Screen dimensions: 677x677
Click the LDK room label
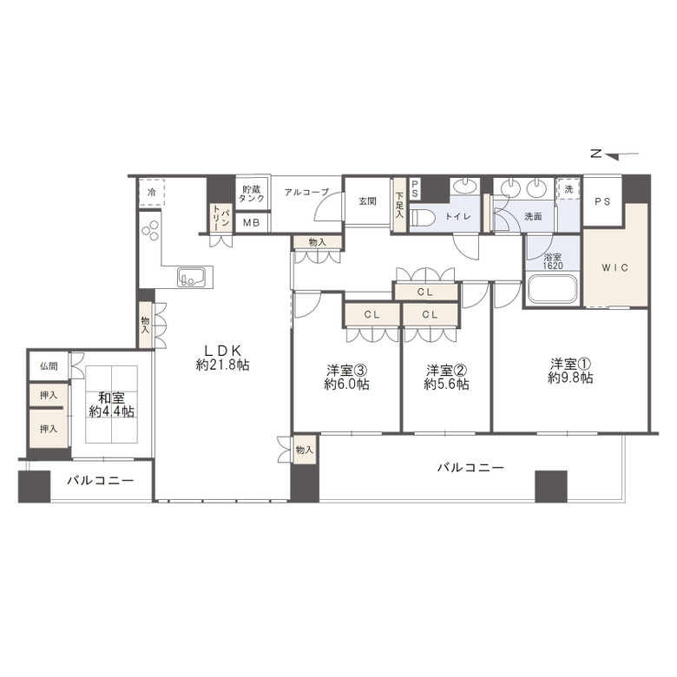[x=222, y=358]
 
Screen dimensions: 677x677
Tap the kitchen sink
[x=192, y=276]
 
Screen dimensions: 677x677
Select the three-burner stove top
[x=150, y=230]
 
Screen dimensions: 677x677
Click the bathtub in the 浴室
[x=553, y=288]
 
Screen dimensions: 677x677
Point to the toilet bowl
[x=419, y=218]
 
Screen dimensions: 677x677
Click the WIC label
[x=615, y=267]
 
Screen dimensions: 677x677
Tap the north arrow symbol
[x=615, y=154]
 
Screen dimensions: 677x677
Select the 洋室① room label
[x=570, y=371]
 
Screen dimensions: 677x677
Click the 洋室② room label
[x=446, y=377]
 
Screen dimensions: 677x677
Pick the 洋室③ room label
[x=346, y=377]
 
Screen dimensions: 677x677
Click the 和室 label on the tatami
[x=111, y=404]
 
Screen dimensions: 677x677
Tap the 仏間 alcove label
[x=49, y=366]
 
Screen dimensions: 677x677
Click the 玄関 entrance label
[x=367, y=201]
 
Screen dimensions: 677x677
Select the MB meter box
[x=252, y=223]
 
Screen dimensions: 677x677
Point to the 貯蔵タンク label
[x=252, y=194]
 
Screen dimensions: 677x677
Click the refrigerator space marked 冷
[x=152, y=193]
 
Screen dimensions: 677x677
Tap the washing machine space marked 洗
[x=569, y=189]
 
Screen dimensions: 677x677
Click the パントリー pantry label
[x=220, y=217]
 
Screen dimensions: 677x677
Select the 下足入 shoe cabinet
[x=399, y=205]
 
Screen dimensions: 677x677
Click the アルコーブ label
[x=306, y=192]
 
